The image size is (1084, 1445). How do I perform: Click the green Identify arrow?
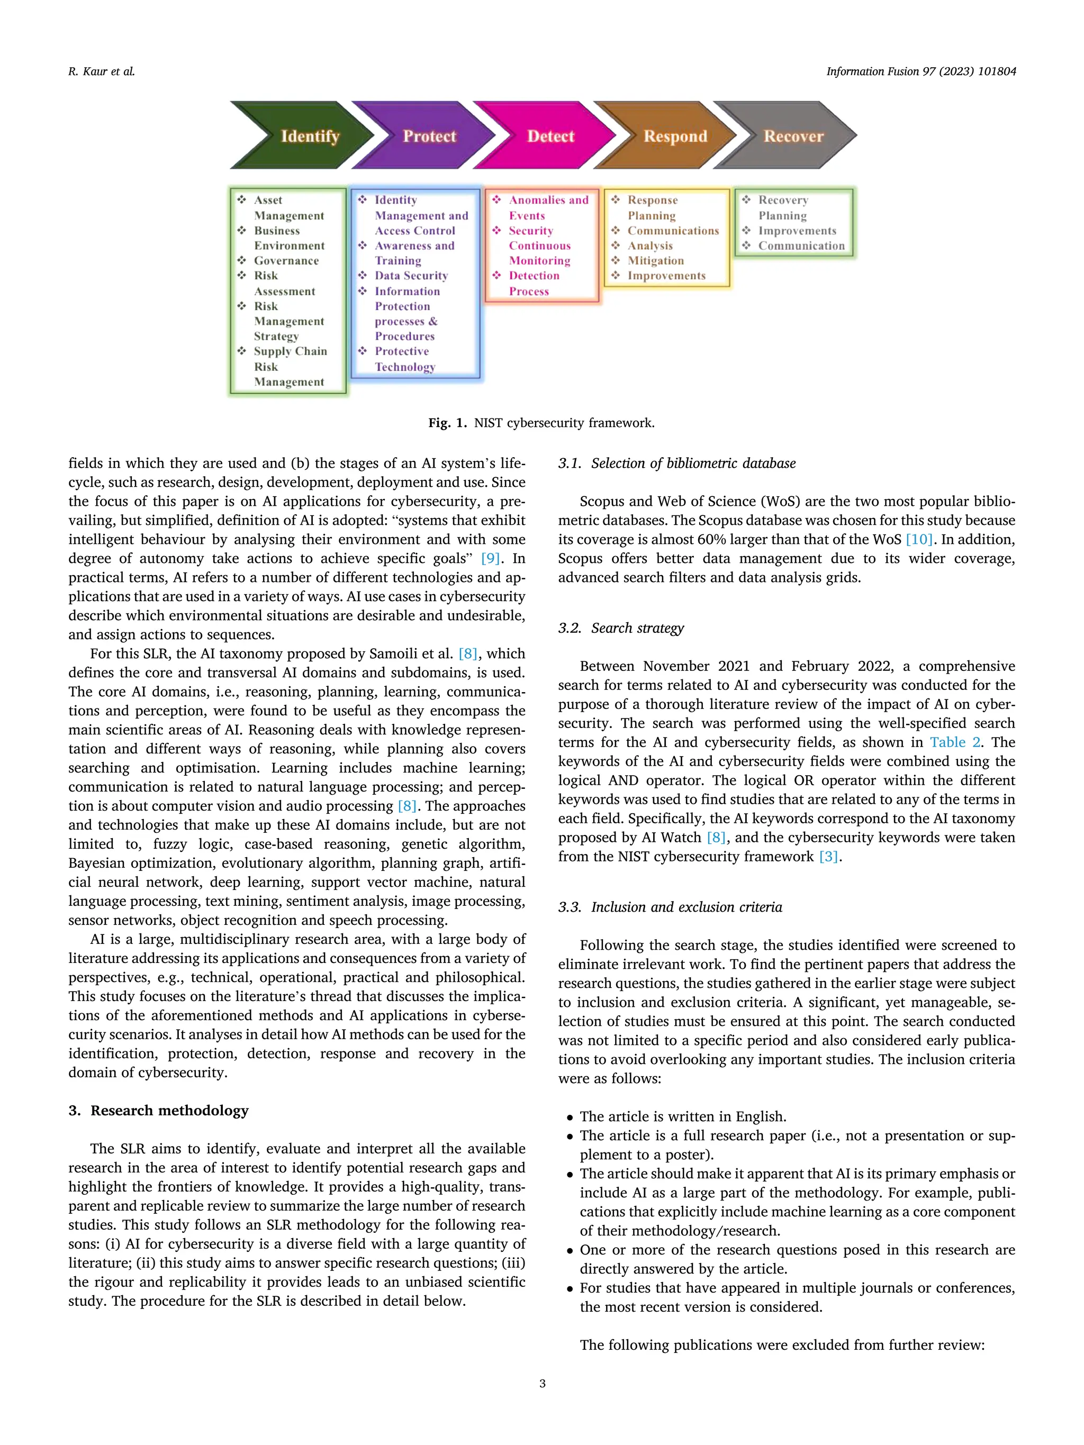pyautogui.click(x=301, y=136)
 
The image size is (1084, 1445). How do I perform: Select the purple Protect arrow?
pyautogui.click(x=424, y=136)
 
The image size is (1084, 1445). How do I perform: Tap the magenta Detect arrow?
pyautogui.click(x=547, y=136)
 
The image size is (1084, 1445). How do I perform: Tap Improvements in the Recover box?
pyautogui.click(x=797, y=231)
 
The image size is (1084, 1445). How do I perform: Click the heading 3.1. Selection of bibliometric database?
pyautogui.click(x=676, y=463)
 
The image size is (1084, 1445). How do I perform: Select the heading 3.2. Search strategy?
pyautogui.click(x=621, y=628)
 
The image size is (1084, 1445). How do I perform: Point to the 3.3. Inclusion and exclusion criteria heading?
pyautogui.click(x=670, y=907)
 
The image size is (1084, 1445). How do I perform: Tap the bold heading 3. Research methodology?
pyautogui.click(x=158, y=1111)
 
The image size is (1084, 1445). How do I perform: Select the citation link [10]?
pyautogui.click(x=919, y=540)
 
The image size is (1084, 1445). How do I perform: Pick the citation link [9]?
pyautogui.click(x=490, y=559)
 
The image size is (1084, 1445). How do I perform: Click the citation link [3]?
pyautogui.click(x=828, y=857)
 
